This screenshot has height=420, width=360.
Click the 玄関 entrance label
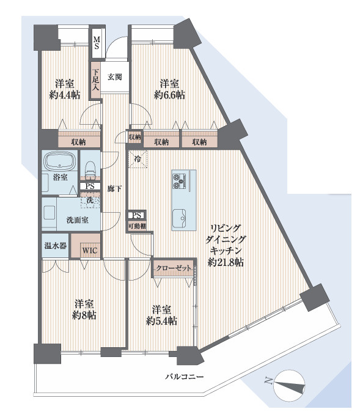(115, 78)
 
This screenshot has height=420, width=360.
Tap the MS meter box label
(97, 43)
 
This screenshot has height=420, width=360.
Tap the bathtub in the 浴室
(60, 163)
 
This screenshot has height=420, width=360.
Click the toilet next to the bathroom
(90, 168)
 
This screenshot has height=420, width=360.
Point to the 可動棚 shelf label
(137, 226)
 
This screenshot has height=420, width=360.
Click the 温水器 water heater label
(55, 247)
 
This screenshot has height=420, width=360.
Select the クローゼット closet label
(173, 268)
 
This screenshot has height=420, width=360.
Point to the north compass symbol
(287, 383)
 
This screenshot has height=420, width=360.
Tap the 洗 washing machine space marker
(89, 199)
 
